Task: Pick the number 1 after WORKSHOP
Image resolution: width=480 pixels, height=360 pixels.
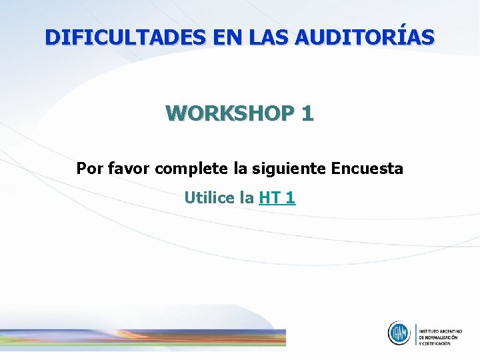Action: coord(307,113)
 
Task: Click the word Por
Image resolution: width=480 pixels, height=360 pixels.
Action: coord(89,169)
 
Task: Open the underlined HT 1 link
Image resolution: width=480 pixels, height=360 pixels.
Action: coord(277,198)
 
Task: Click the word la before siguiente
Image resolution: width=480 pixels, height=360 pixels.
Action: coord(240,169)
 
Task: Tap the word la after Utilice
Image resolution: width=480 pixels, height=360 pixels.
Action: coord(246,198)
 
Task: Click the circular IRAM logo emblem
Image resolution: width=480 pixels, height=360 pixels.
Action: coord(399,333)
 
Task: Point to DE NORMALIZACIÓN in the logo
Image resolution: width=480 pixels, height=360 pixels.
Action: coord(439,337)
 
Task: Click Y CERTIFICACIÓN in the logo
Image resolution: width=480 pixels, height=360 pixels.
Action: coord(437,344)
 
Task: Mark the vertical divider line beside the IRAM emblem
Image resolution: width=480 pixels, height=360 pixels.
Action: coord(415,334)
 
